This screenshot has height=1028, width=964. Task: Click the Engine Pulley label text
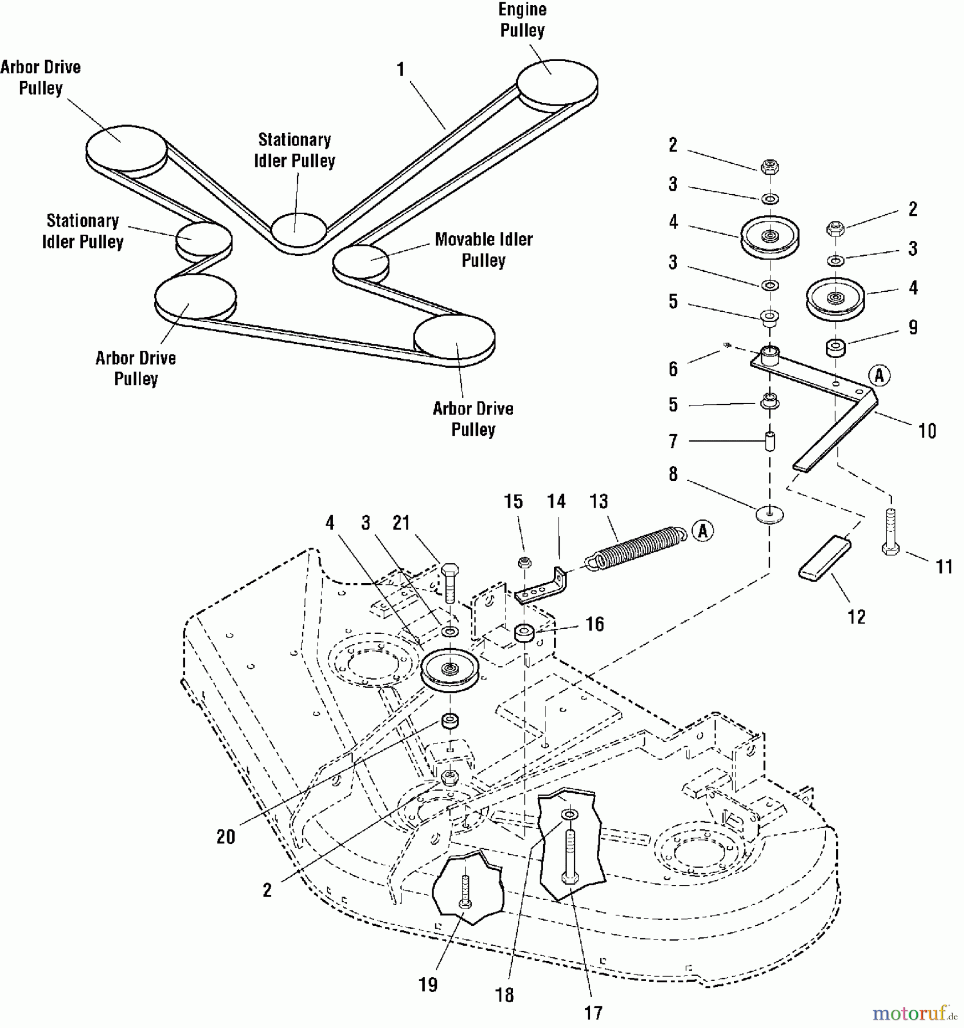click(522, 20)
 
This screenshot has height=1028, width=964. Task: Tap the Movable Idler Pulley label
click(483, 250)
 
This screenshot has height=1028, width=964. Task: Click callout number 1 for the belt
click(400, 70)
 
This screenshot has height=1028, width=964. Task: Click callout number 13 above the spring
click(599, 501)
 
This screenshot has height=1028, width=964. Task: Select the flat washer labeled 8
click(769, 514)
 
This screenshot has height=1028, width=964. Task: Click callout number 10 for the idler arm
click(927, 431)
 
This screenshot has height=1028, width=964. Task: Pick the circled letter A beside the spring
click(702, 531)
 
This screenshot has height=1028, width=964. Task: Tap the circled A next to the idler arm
click(879, 376)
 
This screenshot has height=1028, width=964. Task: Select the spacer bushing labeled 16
click(525, 633)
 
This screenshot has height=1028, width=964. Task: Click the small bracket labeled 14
click(543, 588)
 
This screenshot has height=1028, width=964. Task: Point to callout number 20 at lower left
click(226, 837)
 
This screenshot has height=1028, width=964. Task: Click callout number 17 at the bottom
click(593, 1013)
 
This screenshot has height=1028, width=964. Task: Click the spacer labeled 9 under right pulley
click(836, 348)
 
